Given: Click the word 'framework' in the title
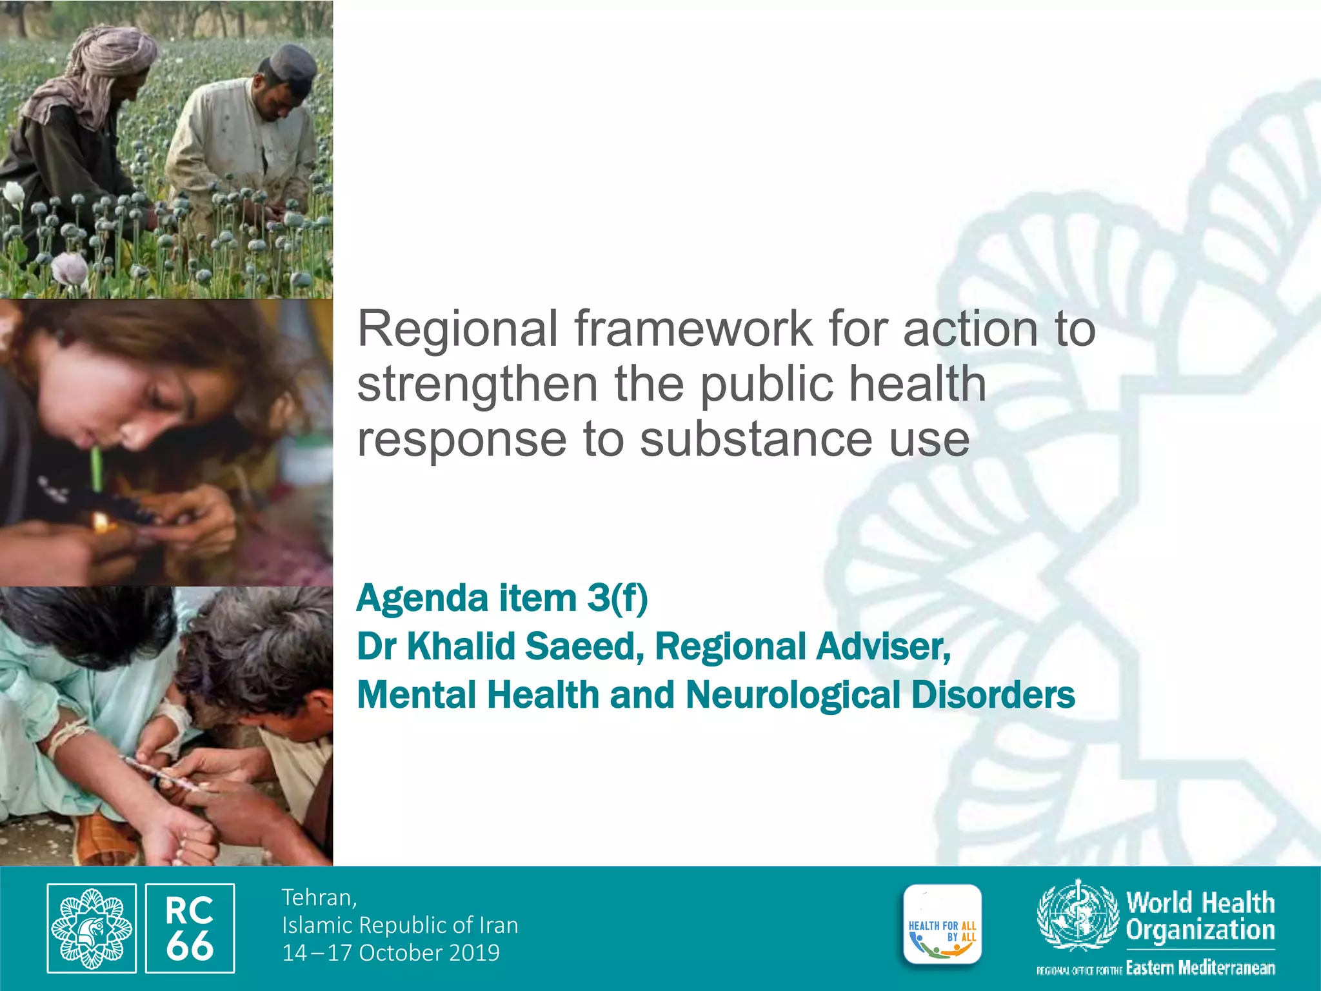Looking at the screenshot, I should pos(693,329).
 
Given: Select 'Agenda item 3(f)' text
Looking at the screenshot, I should pos(502,598).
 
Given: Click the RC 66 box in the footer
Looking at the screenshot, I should pos(190,928).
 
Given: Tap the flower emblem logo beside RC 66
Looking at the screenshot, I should pos(92,928).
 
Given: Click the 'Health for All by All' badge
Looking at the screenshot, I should pos(942,925).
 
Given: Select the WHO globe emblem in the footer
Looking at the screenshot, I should pos(1078,915).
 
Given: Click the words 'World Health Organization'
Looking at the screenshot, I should pos(1200,916).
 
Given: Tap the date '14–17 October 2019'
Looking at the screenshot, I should pos(391,953).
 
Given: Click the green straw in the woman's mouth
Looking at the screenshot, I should pos(97,467).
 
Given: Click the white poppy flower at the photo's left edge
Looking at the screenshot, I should pos(13,193).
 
